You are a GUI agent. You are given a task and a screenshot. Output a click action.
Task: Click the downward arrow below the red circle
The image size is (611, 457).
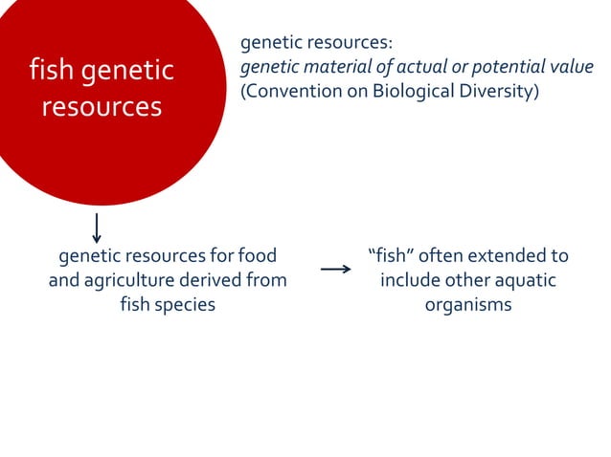pyautogui.click(x=97, y=227)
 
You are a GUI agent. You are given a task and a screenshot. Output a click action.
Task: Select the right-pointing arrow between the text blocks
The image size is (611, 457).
pyautogui.click(x=336, y=270)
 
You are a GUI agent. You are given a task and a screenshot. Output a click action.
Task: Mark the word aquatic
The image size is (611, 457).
pyautogui.click(x=525, y=281)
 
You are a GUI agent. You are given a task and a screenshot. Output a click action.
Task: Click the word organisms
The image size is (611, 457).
pyautogui.click(x=468, y=306)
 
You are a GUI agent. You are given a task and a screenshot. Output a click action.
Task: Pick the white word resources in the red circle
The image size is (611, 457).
pyautogui.click(x=102, y=106)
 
